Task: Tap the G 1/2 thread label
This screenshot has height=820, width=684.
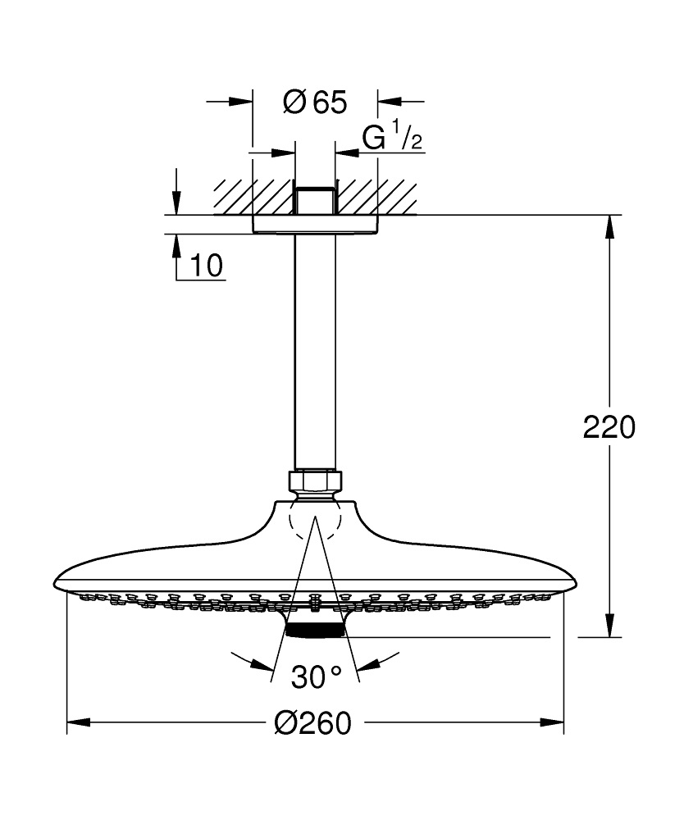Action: [x=392, y=138]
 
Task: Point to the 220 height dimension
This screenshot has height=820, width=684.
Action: [x=609, y=427]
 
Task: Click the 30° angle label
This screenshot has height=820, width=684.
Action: [x=316, y=677]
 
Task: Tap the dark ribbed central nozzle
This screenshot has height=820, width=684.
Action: [x=315, y=630]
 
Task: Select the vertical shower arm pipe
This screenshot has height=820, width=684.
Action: [x=314, y=353]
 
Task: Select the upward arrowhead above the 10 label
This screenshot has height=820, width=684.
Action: [x=176, y=244]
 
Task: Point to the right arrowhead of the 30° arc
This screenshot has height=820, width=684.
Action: [x=369, y=664]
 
